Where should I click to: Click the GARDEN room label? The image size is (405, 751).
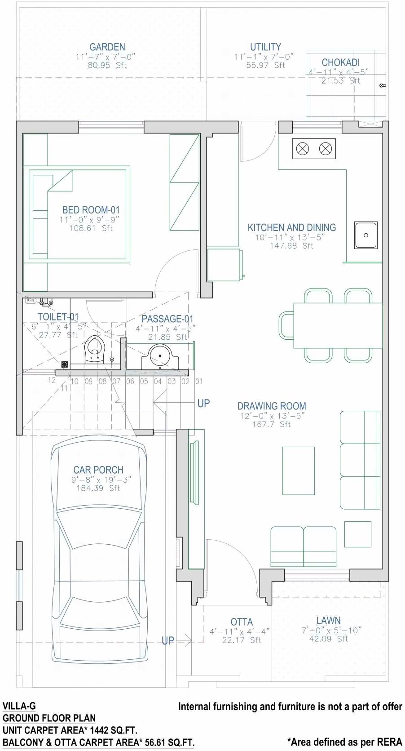click(107, 47)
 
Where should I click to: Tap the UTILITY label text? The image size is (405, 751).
click(265, 47)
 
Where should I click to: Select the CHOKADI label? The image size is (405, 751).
click(340, 63)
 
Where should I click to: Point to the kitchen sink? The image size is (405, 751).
click(366, 235)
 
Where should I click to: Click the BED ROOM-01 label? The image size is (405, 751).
click(91, 210)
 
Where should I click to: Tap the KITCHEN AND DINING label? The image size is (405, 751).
click(292, 228)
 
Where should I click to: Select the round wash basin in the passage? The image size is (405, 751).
click(160, 356)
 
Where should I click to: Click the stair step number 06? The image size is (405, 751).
click(130, 382)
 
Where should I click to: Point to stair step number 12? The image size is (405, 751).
click(52, 380)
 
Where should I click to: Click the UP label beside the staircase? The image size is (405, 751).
click(203, 404)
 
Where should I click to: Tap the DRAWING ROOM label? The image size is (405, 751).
click(272, 406)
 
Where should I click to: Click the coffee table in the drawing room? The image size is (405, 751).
click(298, 470)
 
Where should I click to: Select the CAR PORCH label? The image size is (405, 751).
click(98, 470)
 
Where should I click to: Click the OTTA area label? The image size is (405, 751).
click(242, 622)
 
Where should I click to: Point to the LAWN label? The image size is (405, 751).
click(328, 621)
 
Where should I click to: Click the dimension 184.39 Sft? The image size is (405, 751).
click(98, 488)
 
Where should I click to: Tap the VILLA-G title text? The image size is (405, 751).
click(19, 706)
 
